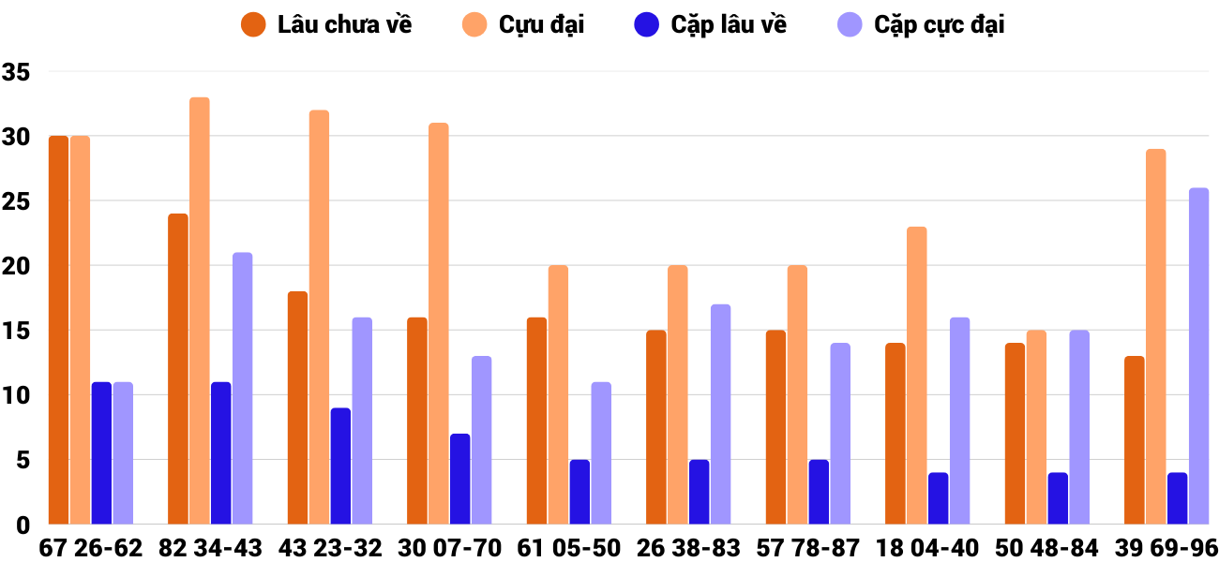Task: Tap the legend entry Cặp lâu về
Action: pyautogui.click(x=712, y=25)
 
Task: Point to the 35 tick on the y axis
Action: pyautogui.click(x=17, y=72)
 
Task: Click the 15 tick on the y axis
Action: pyautogui.click(x=17, y=331)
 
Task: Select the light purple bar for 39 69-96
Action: pyautogui.click(x=1199, y=356)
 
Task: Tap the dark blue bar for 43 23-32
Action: pyautogui.click(x=340, y=466)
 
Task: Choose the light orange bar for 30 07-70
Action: pyautogui.click(x=439, y=323)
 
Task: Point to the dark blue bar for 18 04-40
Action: pyautogui.click(x=939, y=498)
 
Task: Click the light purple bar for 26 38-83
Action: pyautogui.click(x=720, y=414)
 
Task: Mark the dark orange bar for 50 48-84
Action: pyautogui.click(x=1016, y=434)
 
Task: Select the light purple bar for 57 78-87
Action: pyautogui.click(x=840, y=434)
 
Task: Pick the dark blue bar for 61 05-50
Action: pyautogui.click(x=579, y=492)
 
